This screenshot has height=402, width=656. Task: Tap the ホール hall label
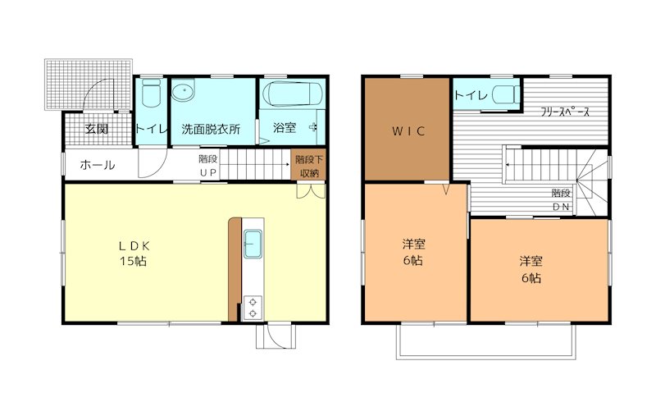97,165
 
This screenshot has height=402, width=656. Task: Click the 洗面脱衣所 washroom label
211,129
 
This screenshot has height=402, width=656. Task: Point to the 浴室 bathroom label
284,129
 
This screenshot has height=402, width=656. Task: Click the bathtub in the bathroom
291,96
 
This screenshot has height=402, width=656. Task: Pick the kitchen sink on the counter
253,244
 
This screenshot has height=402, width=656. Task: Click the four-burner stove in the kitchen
253,307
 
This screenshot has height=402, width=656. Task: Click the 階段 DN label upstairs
561,199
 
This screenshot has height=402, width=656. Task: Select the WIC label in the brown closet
407,130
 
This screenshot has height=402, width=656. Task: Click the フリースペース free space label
565,112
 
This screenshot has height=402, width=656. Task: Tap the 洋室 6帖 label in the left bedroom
412,252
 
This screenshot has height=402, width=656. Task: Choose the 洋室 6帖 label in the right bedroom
530,269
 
